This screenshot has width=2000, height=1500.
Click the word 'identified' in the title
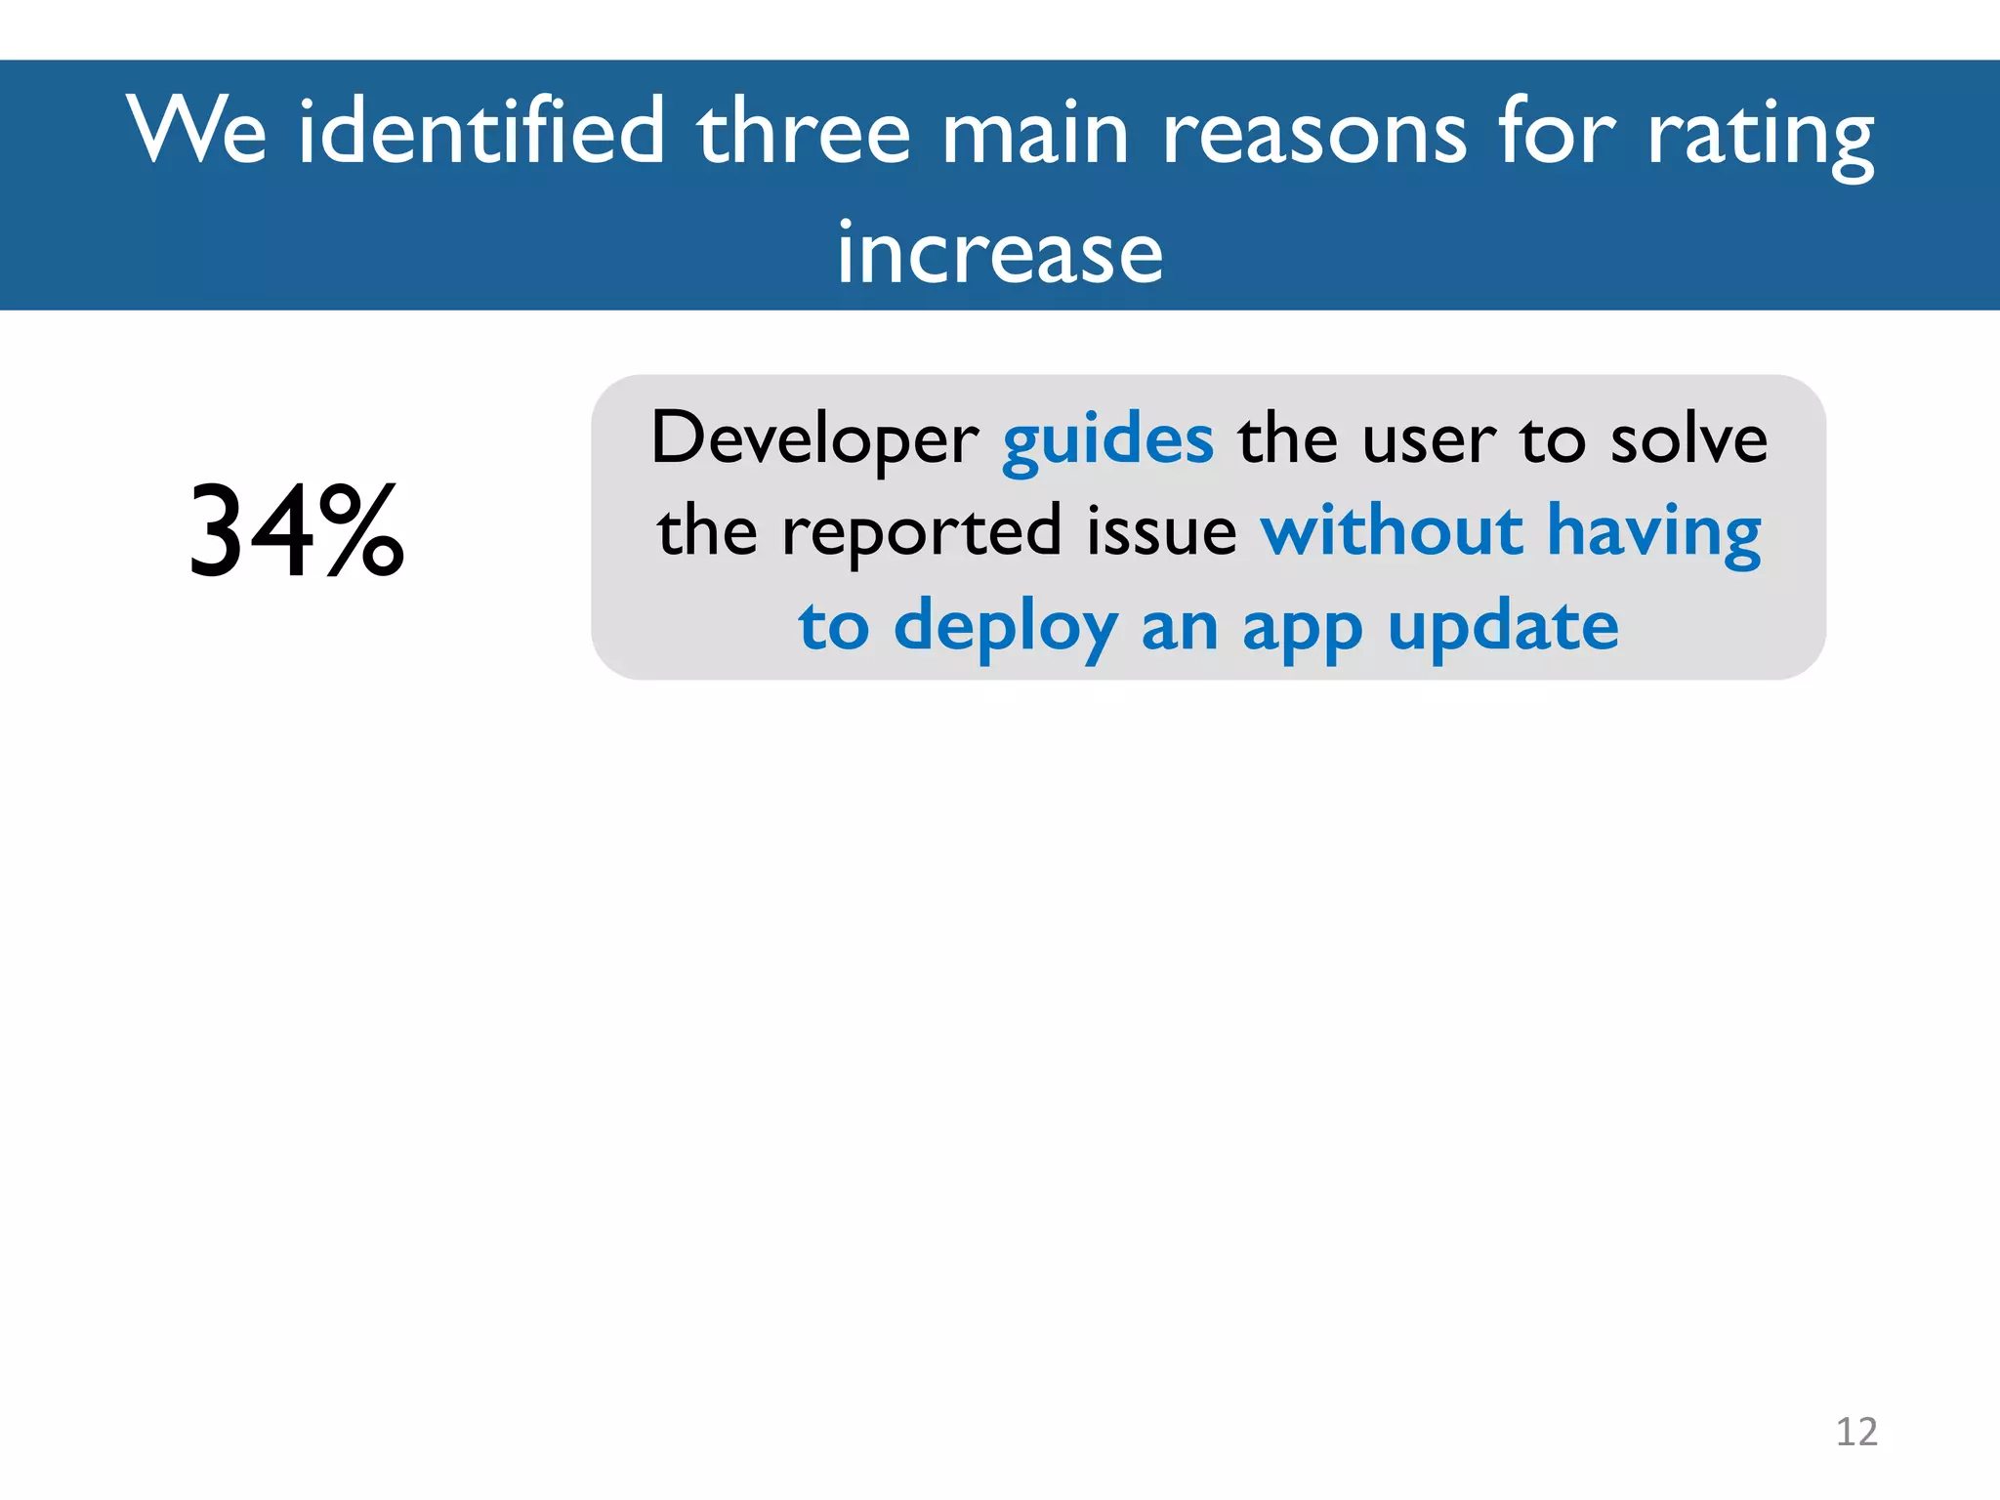click(x=480, y=132)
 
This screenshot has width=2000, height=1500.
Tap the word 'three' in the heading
click(x=803, y=132)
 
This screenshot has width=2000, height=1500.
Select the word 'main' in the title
click(x=1035, y=132)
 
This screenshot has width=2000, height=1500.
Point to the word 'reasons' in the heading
click(x=1313, y=134)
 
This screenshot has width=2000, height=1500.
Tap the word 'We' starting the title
click(x=197, y=132)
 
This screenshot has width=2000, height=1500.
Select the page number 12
click(x=1856, y=1432)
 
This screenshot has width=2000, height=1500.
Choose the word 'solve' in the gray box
click(x=1688, y=439)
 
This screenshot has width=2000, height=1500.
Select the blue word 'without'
click(x=1392, y=532)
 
